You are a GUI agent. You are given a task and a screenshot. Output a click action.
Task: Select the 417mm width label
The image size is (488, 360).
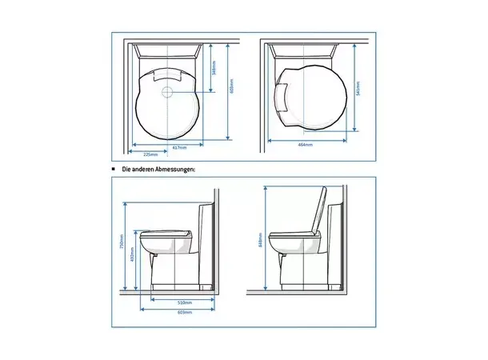182,147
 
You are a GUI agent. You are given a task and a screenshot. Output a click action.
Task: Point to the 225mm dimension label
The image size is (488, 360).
149,153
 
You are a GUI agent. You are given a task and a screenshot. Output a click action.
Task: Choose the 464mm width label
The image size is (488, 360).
305,145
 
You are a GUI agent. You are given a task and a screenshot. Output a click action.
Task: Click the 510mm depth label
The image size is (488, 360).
184,303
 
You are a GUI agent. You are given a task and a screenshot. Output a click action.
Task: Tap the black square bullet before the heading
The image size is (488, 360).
114,169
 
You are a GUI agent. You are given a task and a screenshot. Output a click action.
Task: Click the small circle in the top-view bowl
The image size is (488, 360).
168,93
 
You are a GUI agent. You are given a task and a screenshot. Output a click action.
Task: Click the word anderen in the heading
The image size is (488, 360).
143,169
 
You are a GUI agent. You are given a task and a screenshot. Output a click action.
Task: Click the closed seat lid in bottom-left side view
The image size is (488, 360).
166,233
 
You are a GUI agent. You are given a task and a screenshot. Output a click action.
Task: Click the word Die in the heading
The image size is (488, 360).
126,169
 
